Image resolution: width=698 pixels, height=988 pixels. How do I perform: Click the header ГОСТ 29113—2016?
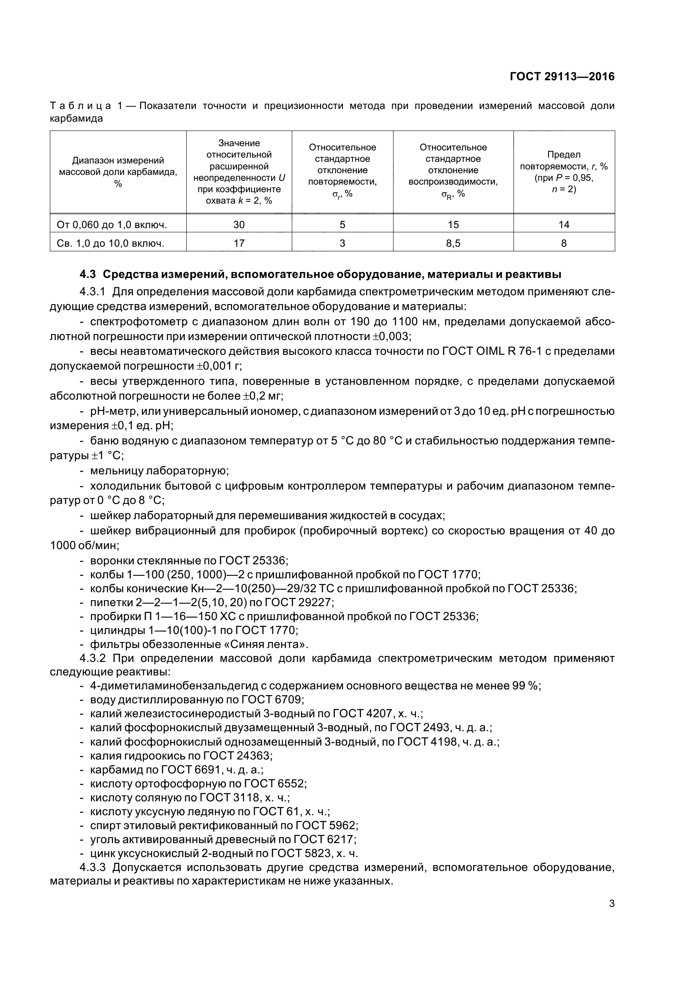click(x=562, y=76)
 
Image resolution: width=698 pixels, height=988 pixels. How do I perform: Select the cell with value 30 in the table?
click(x=239, y=224)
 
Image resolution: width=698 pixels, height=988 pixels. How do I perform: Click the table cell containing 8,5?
click(x=453, y=243)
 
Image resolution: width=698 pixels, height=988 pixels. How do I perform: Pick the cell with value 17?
click(x=239, y=243)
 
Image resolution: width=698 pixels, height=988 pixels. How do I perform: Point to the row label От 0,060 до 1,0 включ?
click(x=112, y=224)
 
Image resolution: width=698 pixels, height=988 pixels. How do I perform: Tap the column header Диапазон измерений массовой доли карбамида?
click(x=118, y=171)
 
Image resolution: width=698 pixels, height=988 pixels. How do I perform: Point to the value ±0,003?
click(x=388, y=336)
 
